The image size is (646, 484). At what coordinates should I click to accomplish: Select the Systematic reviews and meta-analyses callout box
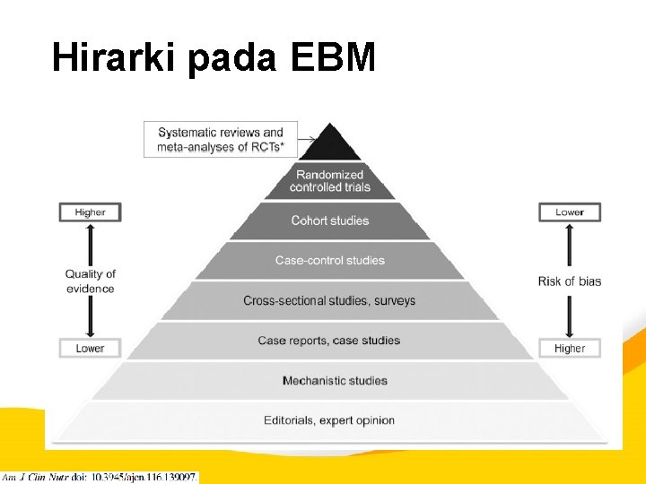click(220, 140)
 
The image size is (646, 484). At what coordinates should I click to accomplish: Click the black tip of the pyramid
click(329, 143)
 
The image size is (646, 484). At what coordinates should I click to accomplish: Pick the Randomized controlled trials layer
click(329, 180)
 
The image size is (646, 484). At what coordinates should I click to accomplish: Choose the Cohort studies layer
click(329, 220)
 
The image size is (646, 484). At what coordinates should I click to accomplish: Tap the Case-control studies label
click(329, 261)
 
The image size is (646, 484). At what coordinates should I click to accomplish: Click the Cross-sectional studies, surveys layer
click(329, 300)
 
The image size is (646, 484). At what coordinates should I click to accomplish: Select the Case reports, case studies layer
click(329, 341)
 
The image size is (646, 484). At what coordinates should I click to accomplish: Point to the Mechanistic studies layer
click(334, 381)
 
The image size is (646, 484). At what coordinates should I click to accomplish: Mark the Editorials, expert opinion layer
click(329, 420)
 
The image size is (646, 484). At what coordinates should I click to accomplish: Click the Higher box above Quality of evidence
click(90, 212)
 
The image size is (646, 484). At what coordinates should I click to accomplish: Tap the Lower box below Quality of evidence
click(90, 348)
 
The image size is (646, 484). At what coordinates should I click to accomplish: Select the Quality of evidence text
click(90, 281)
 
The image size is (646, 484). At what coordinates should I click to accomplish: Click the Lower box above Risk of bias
click(570, 212)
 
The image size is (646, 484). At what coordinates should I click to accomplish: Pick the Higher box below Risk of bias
click(570, 348)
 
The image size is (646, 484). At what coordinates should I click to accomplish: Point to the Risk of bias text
click(570, 281)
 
